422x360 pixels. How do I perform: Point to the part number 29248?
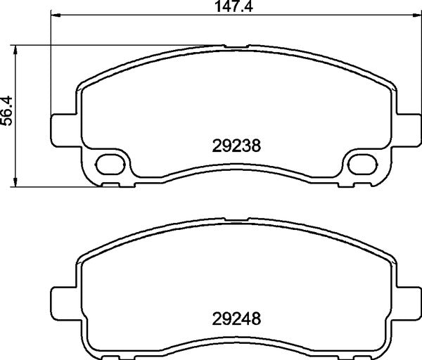236,318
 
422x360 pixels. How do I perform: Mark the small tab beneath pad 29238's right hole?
366,185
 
